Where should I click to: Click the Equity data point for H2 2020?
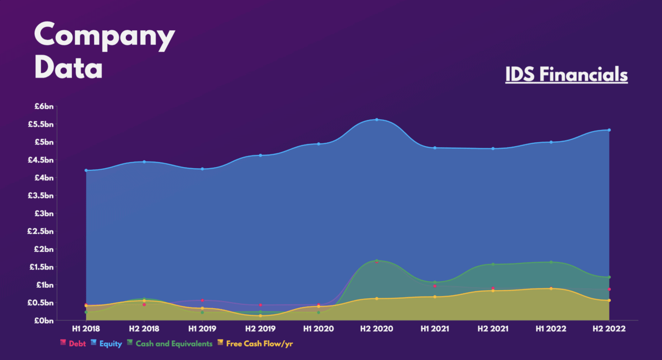377,120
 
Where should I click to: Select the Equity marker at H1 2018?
86,170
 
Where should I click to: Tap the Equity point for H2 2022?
609,130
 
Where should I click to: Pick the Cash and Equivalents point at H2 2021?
493,264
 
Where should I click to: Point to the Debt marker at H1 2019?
202,300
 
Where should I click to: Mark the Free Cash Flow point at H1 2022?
551,288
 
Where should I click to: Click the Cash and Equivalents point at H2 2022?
609,277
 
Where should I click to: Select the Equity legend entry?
107,343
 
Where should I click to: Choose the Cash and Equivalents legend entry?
173,343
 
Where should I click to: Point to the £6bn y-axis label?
42,106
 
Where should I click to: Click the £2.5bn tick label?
40,232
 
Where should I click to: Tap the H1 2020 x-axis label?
318,329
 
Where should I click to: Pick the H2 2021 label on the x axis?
493,329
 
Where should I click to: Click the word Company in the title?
105,36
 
